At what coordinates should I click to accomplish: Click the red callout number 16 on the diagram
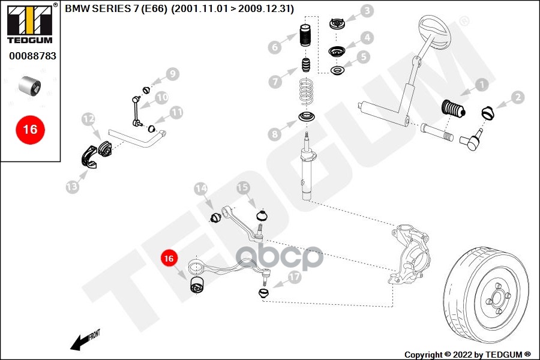coord(169,259)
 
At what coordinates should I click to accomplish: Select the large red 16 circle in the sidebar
coord(30,129)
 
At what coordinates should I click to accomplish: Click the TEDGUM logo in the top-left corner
coord(29,23)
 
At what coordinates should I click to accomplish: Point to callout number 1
coord(481,85)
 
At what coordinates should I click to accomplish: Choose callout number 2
coord(517,96)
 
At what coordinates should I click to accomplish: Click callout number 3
coord(366,10)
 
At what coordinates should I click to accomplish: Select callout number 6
coord(275,47)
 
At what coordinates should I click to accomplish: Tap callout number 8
coord(274,134)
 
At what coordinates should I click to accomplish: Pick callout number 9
coord(172,74)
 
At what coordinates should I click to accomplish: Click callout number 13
coord(72,187)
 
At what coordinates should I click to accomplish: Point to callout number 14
coord(200,189)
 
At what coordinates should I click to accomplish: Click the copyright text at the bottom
coord(467,354)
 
